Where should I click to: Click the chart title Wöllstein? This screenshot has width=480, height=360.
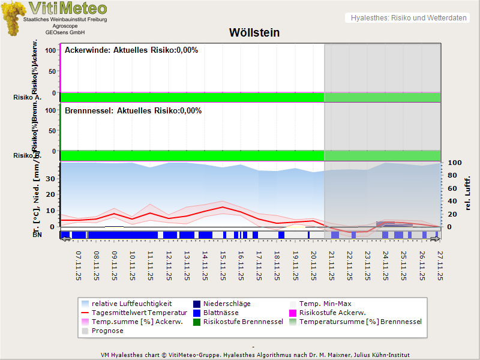click(254, 32)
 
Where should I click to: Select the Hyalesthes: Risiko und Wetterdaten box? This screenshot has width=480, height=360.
click(408, 18)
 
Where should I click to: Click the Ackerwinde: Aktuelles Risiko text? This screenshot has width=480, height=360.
click(131, 50)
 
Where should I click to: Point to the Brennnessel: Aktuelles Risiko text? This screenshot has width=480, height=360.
click(133, 111)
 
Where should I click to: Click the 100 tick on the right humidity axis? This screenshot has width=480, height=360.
click(454, 163)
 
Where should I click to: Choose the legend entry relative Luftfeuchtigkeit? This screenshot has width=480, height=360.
click(126, 304)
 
